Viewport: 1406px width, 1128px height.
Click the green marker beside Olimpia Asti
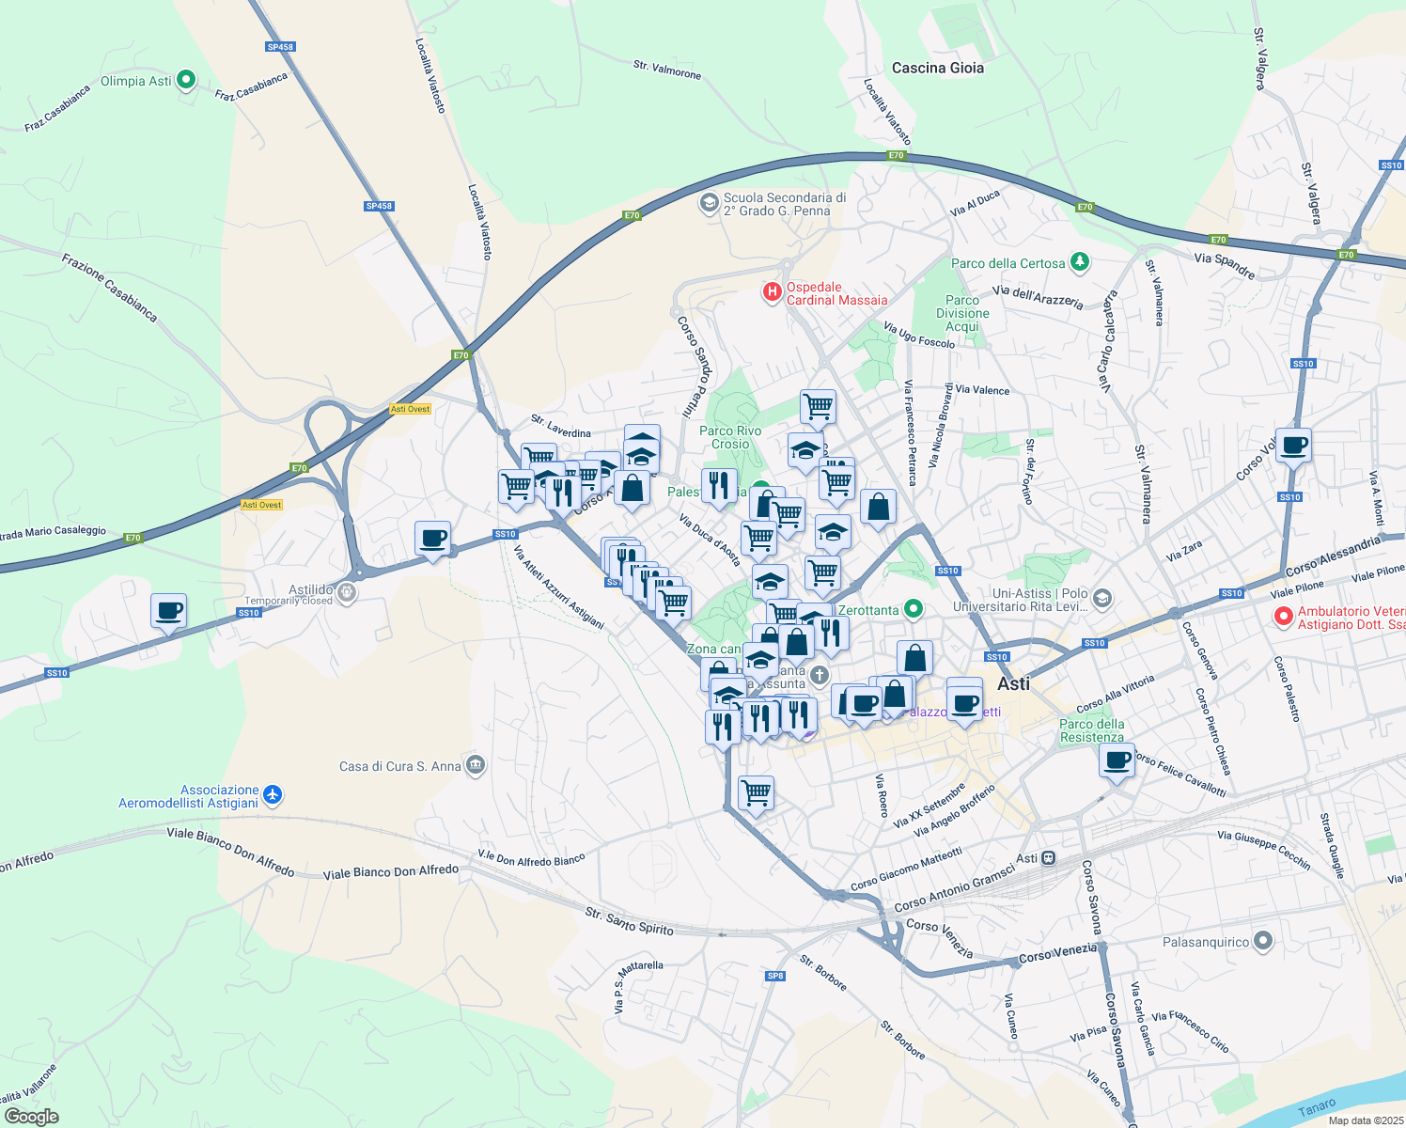[x=186, y=80]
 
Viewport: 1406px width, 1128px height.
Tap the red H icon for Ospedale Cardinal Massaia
[x=772, y=292]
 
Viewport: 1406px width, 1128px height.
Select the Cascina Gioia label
[x=937, y=68]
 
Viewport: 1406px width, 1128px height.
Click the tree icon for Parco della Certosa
[x=1080, y=262]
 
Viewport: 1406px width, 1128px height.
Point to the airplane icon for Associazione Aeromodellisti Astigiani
[x=273, y=795]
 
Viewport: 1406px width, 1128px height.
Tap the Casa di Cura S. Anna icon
[x=476, y=765]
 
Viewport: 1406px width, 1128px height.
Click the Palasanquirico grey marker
[x=1263, y=941]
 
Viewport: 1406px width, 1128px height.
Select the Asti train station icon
[x=1049, y=857]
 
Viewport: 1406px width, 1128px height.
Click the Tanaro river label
[x=1316, y=1108]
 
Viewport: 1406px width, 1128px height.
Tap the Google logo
[x=31, y=1117]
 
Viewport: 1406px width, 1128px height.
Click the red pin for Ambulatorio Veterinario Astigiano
[x=1283, y=617]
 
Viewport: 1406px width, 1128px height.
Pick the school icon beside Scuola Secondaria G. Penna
[x=709, y=203]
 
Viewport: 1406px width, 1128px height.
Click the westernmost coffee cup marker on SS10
[x=168, y=611]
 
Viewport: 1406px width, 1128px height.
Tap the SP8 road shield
[x=774, y=976]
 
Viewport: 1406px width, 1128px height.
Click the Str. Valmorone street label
[x=666, y=70]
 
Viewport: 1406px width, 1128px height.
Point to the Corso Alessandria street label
[x=1333, y=556]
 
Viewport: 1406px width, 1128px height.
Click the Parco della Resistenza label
[x=1091, y=730]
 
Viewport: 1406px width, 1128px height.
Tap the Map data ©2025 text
[x=1365, y=1120]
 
